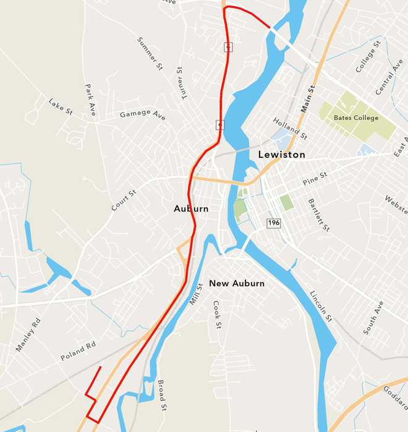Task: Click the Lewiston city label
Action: (281, 155)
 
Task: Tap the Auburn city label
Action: (191, 209)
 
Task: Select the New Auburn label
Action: (237, 284)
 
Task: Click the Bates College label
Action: (355, 117)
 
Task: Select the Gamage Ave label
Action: (143, 115)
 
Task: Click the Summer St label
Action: (149, 53)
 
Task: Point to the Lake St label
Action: (61, 106)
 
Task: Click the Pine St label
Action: (315, 179)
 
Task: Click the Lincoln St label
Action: (321, 306)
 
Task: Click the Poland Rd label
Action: (79, 352)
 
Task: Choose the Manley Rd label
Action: (28, 334)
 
